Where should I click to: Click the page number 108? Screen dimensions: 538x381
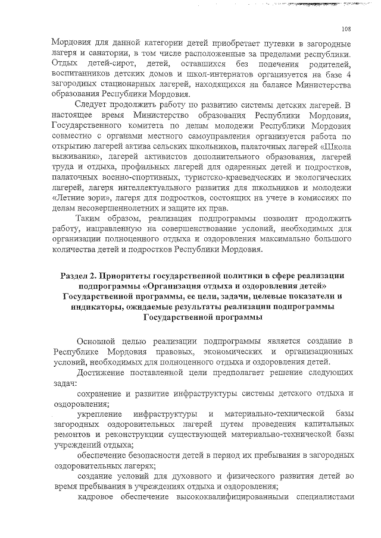click(x=347, y=29)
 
